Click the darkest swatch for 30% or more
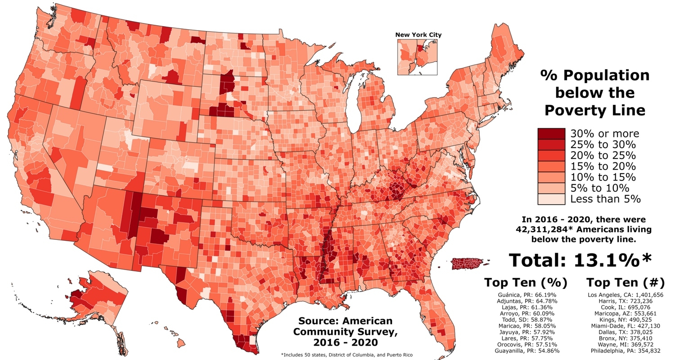[551, 134]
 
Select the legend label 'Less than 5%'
[605, 199]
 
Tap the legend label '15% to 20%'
[603, 166]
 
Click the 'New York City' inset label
[418, 35]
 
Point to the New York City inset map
[417, 57]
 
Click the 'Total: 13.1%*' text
[580, 260]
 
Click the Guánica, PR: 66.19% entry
[525, 295]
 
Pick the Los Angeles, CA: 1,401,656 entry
[625, 295]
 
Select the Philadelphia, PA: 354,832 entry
[625, 350]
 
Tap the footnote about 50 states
[346, 355]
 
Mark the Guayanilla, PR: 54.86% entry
[525, 350]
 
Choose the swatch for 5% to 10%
[551, 188]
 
